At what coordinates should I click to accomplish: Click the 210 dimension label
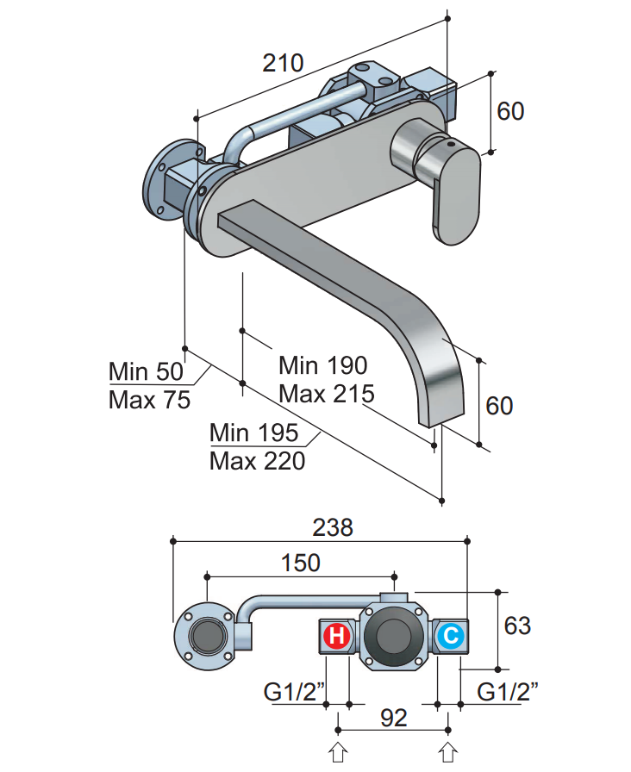coord(283,63)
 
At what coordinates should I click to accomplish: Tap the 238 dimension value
coord(333,528)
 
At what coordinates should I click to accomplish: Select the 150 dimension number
coord(301,563)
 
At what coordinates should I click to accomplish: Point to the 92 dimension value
coord(394,718)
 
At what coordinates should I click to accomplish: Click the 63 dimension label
coord(517,626)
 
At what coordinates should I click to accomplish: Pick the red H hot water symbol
coord(337,636)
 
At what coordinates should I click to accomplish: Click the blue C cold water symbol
coord(451,636)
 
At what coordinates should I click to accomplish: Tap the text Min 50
coord(146,371)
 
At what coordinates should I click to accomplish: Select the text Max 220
coord(257,461)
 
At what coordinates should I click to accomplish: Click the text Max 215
coord(327,394)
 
